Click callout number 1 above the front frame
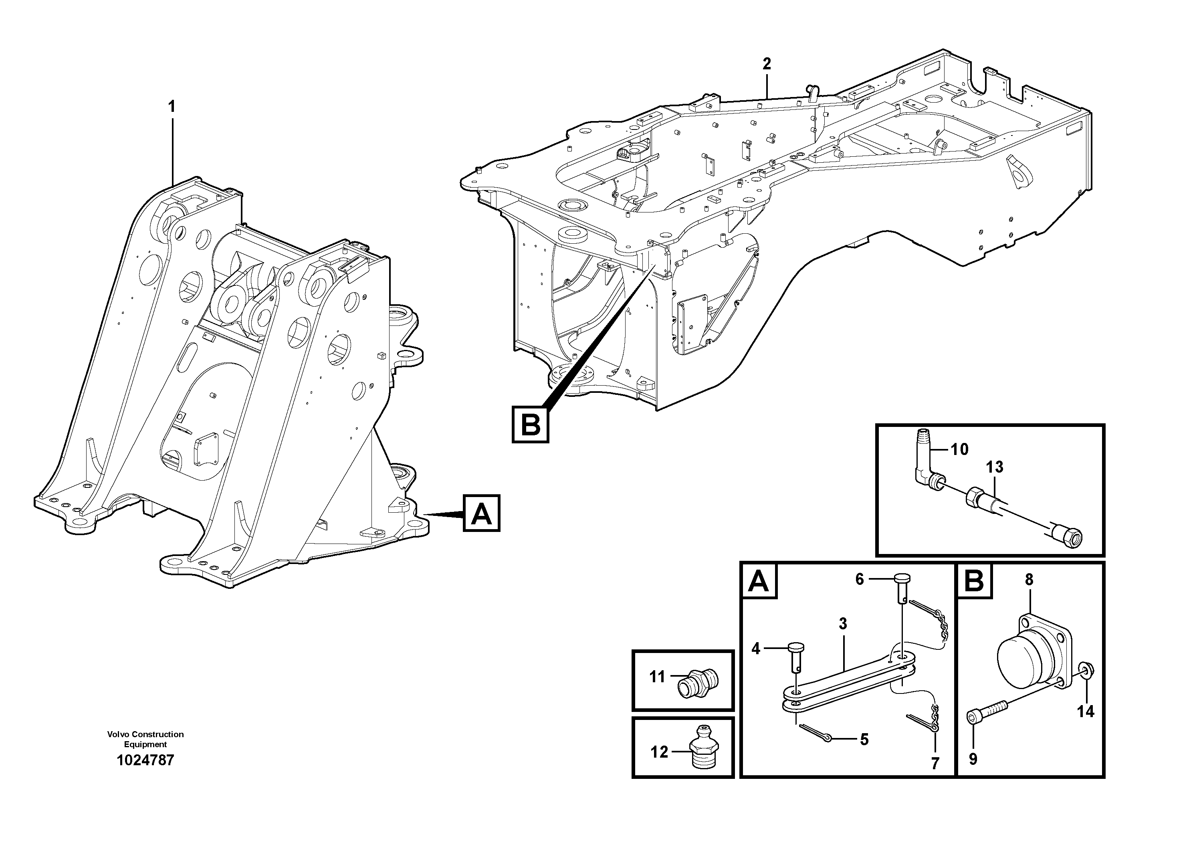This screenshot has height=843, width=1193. coord(172,107)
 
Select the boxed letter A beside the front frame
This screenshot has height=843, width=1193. coord(481,513)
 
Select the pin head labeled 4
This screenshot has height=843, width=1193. coord(795,647)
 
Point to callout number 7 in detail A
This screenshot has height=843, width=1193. coord(935,764)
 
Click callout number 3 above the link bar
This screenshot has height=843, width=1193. coord(843,624)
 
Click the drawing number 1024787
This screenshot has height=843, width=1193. coord(145,760)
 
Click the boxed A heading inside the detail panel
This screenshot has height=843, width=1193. coord(759,581)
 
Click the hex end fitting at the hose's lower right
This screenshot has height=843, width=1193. coord(1067,535)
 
